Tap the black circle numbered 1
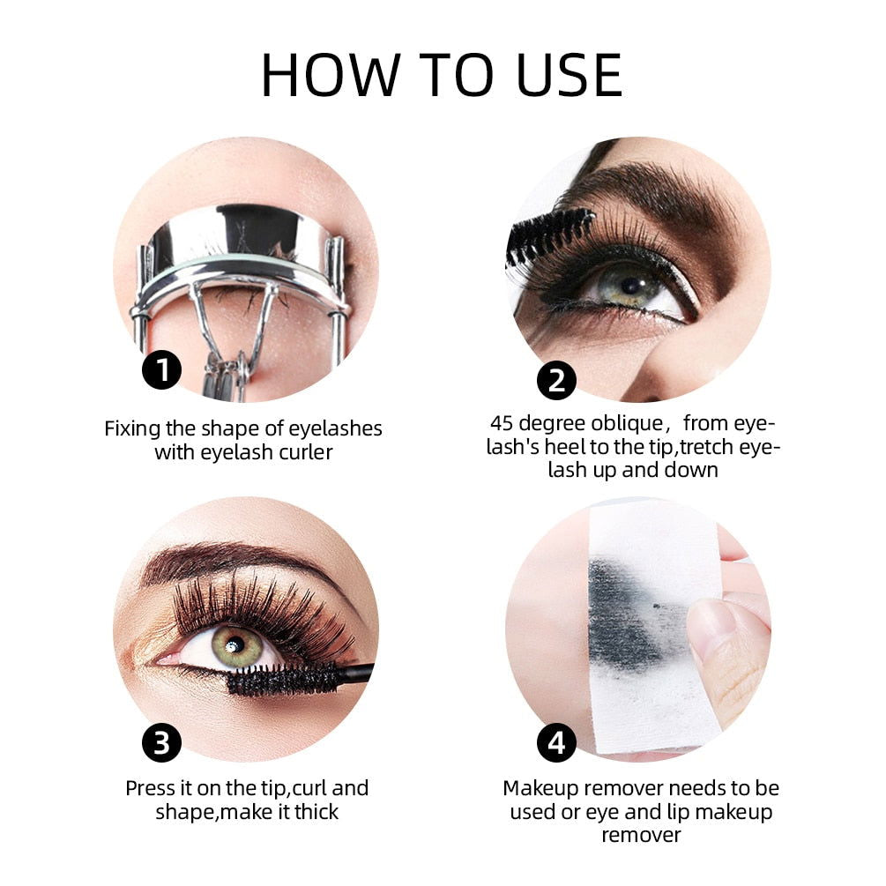(161, 370)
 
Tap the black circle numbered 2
(556, 381)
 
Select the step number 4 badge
(556, 743)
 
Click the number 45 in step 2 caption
(503, 423)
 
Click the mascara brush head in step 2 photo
(547, 235)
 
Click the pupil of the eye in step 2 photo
(631, 286)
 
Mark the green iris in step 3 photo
(235, 646)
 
